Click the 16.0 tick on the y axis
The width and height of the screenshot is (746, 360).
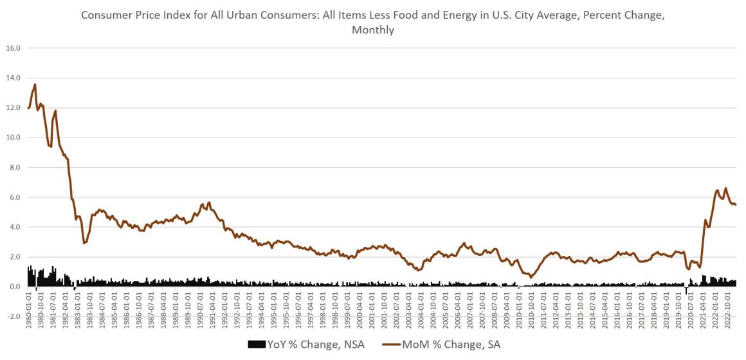pyautogui.click(x=14, y=48)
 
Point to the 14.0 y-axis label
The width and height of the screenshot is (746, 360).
pyautogui.click(x=14, y=78)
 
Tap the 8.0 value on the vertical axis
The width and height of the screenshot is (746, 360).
pyautogui.click(x=14, y=167)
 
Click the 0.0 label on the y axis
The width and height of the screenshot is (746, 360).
pyautogui.click(x=14, y=287)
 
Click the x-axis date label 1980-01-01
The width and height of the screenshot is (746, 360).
pyautogui.click(x=28, y=311)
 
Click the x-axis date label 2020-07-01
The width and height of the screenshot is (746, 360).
pyautogui.click(x=691, y=311)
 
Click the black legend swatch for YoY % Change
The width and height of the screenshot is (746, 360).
pyautogui.click(x=256, y=345)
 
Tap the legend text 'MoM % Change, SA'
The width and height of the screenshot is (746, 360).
pyautogui.click(x=451, y=345)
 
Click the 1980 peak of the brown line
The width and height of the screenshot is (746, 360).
pyautogui.click(x=35, y=84)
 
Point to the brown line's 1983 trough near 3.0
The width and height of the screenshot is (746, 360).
pyautogui.click(x=84, y=243)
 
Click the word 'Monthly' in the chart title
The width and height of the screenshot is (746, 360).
pyautogui.click(x=372, y=30)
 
